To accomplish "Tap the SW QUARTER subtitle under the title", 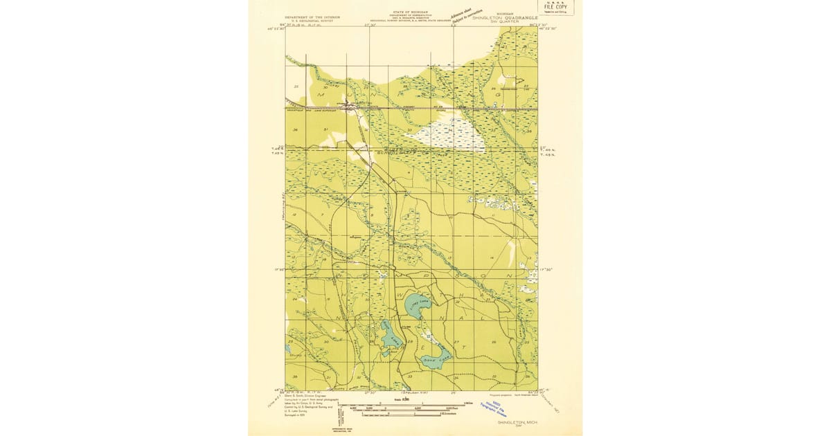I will pyautogui.click(x=505, y=22).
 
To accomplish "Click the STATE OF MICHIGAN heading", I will pyautogui.click(x=410, y=12).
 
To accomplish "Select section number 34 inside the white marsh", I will pyautogui.click(x=449, y=129).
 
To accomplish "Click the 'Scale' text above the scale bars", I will pyautogui.click(x=397, y=399).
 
